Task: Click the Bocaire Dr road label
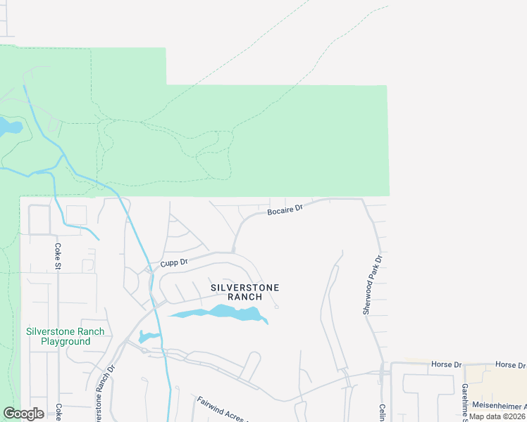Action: point(285,209)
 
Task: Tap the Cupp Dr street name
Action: point(173,262)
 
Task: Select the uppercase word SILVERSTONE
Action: point(245,288)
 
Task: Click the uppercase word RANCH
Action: point(245,297)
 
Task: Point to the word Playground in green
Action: point(65,341)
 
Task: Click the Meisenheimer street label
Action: point(498,406)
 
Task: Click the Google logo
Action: point(23,414)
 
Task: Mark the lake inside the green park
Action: point(10,127)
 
